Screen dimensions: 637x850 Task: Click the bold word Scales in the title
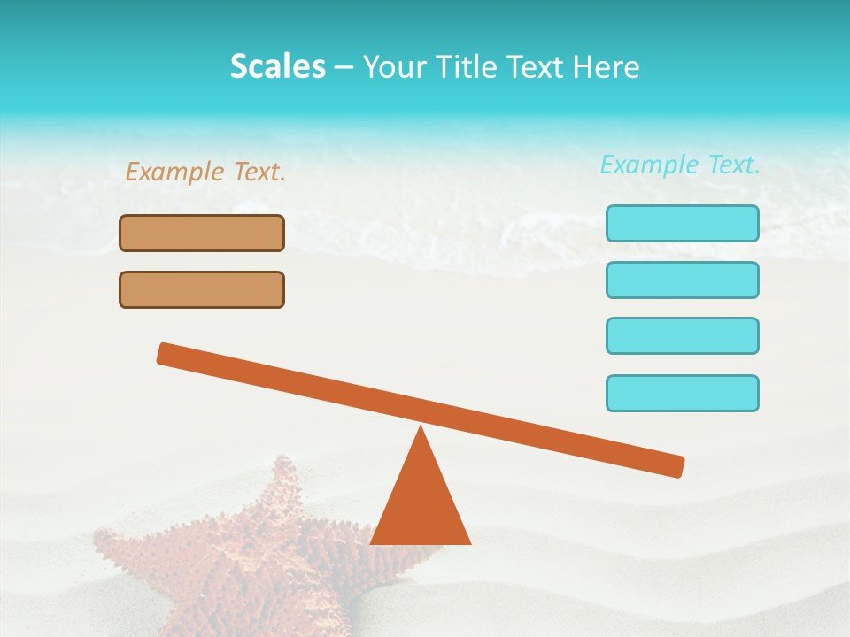click(x=277, y=66)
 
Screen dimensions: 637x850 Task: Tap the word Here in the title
click(x=605, y=66)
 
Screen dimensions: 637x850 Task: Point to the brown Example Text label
click(x=205, y=172)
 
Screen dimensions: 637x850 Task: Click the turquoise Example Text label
click(x=680, y=165)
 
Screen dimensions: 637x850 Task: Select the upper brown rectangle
click(x=202, y=233)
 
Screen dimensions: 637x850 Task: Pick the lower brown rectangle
click(x=202, y=289)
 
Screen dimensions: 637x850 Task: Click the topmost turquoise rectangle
click(x=682, y=223)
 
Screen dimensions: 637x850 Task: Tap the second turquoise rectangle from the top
click(x=682, y=280)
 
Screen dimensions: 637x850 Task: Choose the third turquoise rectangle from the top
click(x=682, y=335)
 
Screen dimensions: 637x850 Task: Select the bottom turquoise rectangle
click(x=682, y=393)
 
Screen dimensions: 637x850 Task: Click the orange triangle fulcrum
click(x=421, y=504)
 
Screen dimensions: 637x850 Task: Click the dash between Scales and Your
click(x=344, y=67)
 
